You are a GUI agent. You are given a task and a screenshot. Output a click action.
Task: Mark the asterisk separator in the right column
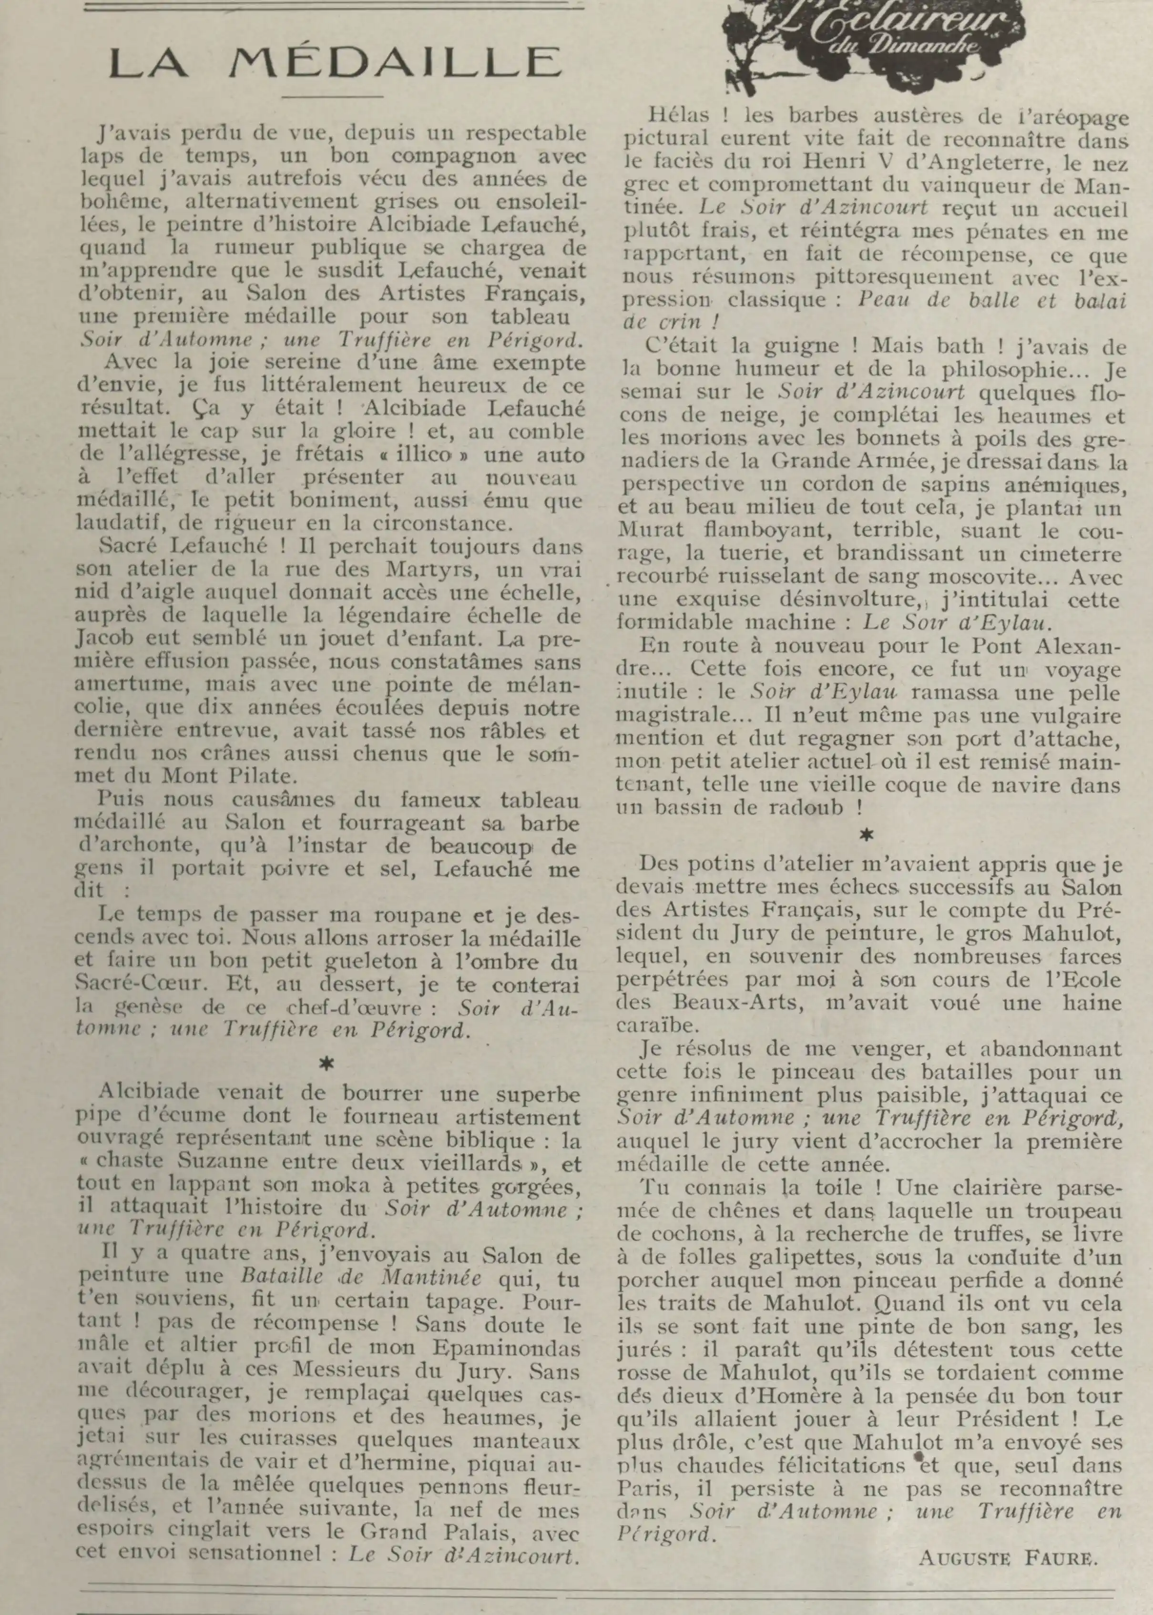[x=866, y=835]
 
